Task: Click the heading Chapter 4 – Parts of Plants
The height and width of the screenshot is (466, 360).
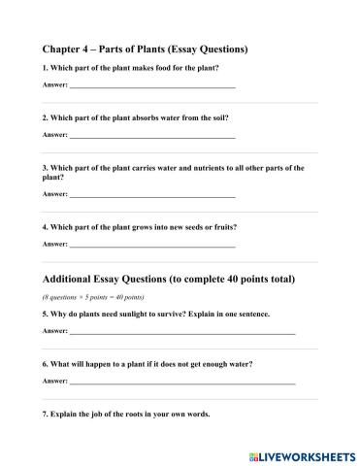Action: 146,48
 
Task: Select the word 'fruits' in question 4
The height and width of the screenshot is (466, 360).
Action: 220,226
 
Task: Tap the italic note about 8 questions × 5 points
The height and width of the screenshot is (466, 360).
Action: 93,296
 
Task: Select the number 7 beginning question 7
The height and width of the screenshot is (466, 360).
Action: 45,414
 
